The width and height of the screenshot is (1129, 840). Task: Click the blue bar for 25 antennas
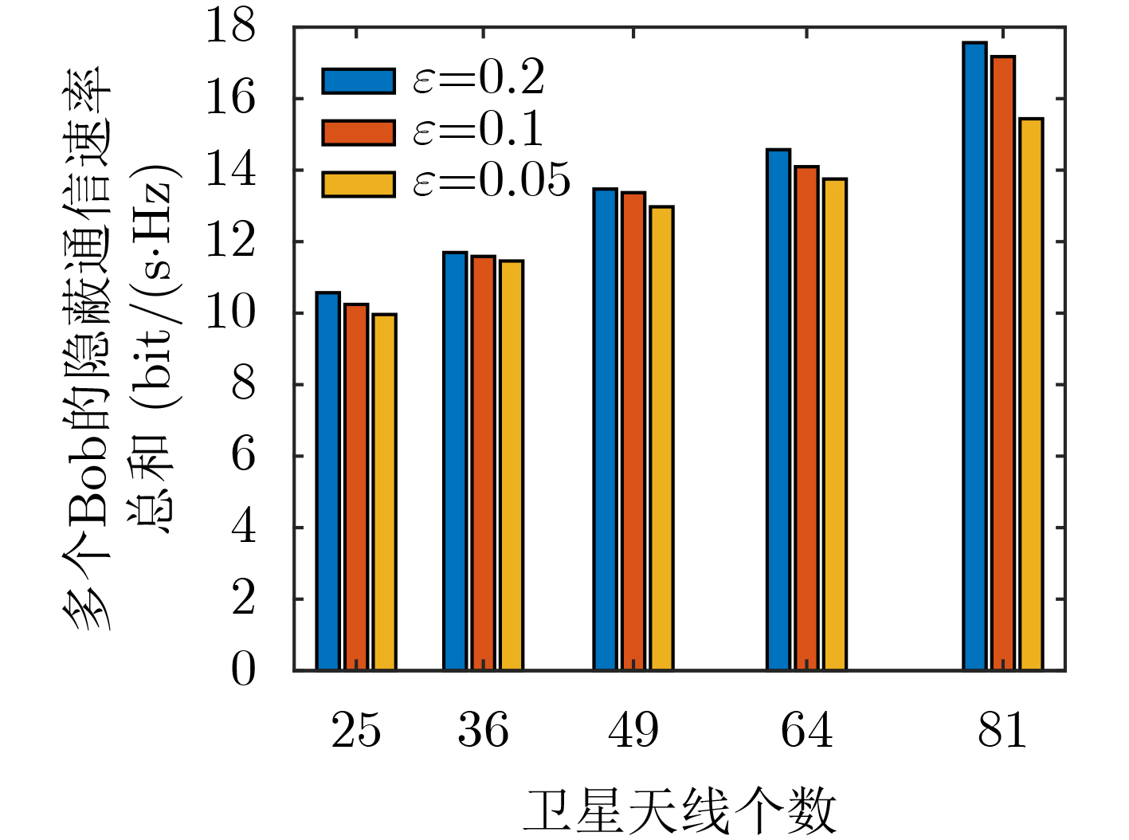pyautogui.click(x=327, y=481)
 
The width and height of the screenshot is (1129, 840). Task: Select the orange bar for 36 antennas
pyautogui.click(x=483, y=463)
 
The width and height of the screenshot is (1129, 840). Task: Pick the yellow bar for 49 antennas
pyautogui.click(x=661, y=438)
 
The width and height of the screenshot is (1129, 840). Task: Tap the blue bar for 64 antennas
pyautogui.click(x=778, y=410)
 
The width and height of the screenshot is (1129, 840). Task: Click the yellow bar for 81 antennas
pyautogui.click(x=1030, y=394)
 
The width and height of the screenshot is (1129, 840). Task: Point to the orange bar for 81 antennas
pyautogui.click(x=1002, y=363)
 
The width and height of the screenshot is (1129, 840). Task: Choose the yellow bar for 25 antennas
pyautogui.click(x=384, y=493)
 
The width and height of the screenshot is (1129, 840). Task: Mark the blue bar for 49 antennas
pyautogui.click(x=605, y=430)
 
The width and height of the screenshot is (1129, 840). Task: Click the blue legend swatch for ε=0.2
pyautogui.click(x=359, y=81)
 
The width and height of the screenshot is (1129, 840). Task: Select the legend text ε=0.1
pyautogui.click(x=478, y=130)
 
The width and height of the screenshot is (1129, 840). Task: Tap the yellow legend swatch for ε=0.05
pyautogui.click(x=359, y=184)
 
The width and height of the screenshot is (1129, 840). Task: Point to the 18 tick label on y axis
pyautogui.click(x=231, y=26)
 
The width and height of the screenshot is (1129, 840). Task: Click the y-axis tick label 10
pyautogui.click(x=231, y=312)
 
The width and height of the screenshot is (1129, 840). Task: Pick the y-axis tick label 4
pyautogui.click(x=243, y=527)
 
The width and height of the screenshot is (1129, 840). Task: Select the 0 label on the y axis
pyautogui.click(x=243, y=670)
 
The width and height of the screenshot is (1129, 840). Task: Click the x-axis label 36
pyautogui.click(x=483, y=729)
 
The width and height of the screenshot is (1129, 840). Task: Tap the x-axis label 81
pyautogui.click(x=1002, y=729)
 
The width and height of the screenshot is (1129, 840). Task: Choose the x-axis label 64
pyautogui.click(x=806, y=729)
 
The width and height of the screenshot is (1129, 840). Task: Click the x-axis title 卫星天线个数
pyautogui.click(x=679, y=811)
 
